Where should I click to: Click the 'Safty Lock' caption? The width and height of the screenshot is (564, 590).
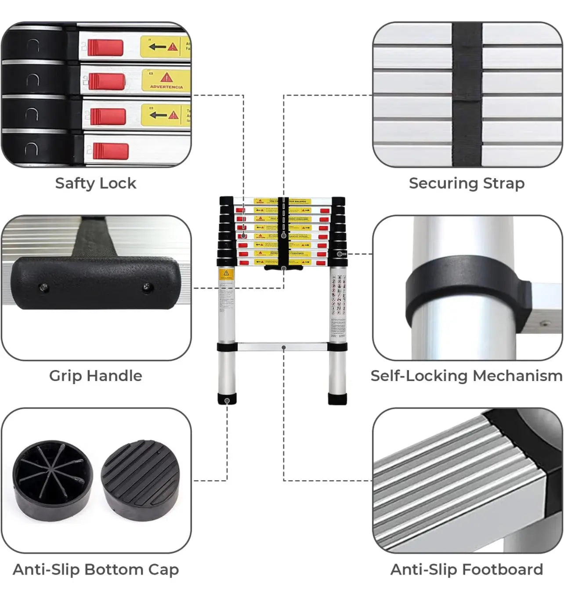95,183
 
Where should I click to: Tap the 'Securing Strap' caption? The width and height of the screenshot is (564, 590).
466,183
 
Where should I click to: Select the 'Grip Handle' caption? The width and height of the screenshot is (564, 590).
95,376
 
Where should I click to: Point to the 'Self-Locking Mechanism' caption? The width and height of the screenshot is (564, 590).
466,376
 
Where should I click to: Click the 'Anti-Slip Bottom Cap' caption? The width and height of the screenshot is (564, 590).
96,569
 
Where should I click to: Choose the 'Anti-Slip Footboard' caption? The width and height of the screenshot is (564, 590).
466,569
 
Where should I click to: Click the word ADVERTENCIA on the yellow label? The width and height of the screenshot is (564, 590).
166,86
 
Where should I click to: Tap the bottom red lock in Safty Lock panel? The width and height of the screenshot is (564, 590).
110,151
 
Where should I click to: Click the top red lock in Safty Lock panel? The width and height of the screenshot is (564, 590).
105,47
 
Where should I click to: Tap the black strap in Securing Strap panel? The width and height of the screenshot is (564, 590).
467,94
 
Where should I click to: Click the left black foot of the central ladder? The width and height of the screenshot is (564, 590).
227,399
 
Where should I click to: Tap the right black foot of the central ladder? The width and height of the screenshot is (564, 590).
338,399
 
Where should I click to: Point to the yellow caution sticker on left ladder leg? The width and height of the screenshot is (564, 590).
226,275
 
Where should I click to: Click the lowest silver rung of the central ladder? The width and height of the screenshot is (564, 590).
282,347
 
